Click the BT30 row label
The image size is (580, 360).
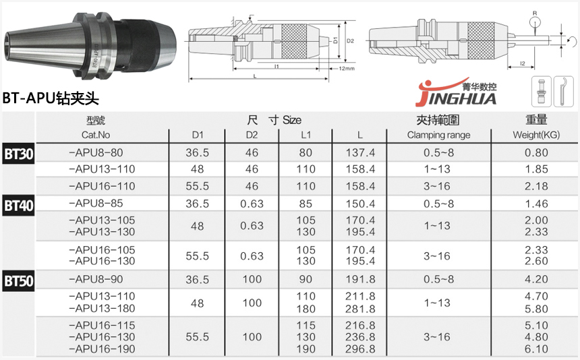coord(18,154)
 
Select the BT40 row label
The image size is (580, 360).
coord(18,205)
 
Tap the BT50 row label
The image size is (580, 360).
coord(18,281)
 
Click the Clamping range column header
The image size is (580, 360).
coord(438,135)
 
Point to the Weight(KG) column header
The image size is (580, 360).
coord(536,135)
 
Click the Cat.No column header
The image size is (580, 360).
coord(96,135)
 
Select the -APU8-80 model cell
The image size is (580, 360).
coord(96,152)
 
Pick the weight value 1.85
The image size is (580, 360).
coord(536,169)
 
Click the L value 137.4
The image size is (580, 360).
coord(360,152)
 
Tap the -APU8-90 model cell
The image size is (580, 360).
coord(96,279)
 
